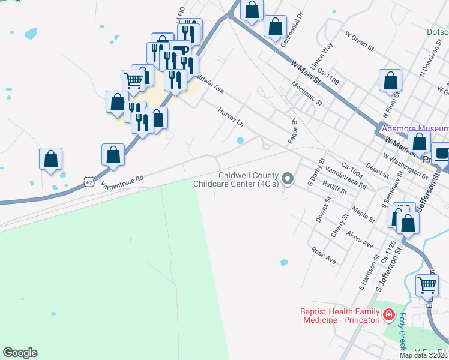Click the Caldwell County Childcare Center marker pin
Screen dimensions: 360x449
(288, 179)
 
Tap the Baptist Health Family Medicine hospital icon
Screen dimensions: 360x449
(389, 313)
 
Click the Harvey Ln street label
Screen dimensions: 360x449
(231, 117)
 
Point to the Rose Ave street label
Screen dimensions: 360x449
(324, 256)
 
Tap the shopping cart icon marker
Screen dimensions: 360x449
(133, 80)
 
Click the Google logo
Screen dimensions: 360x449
(20, 353)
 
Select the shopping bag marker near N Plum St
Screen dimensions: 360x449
(390, 80)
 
